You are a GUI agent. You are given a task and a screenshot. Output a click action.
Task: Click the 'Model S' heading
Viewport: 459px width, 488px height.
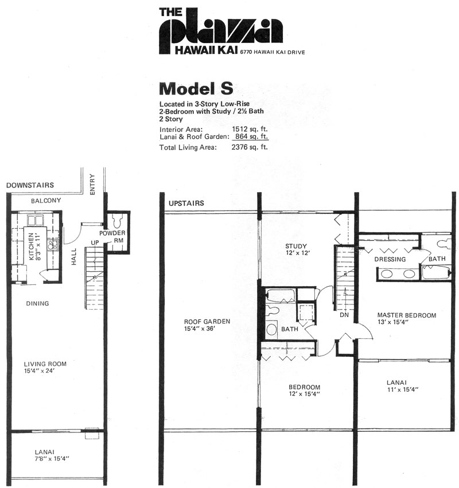coord(196,89)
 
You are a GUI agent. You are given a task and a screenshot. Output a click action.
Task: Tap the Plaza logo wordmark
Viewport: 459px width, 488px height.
coord(221,32)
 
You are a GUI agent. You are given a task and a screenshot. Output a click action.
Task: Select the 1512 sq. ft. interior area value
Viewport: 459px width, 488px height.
coord(250,129)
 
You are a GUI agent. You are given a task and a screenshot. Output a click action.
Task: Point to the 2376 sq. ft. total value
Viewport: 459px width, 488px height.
coord(250,147)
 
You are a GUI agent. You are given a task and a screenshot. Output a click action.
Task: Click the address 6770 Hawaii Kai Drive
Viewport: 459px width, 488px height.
coord(272,52)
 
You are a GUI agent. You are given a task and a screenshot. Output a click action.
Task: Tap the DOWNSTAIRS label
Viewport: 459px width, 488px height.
coord(30,185)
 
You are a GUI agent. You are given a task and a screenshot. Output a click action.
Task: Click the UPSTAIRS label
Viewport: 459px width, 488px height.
coord(186,203)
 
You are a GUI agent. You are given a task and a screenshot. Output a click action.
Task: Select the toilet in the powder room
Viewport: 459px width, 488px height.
coord(118,220)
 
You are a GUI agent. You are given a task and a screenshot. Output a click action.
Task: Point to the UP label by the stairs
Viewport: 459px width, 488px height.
coord(95,243)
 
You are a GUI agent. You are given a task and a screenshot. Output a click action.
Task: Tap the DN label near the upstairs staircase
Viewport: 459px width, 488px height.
coord(344,315)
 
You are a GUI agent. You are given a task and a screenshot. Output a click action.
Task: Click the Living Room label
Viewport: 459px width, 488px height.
coord(45,364)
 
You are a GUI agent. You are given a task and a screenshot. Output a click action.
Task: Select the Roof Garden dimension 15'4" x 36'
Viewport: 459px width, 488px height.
coord(199,329)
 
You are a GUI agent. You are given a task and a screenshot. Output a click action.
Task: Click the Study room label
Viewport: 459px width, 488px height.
coord(296,246)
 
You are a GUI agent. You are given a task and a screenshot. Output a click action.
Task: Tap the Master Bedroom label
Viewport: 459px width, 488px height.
coord(407,315)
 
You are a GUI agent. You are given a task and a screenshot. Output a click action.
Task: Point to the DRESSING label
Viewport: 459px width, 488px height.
coord(390,259)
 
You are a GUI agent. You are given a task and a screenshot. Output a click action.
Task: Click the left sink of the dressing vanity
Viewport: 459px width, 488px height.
coord(387,274)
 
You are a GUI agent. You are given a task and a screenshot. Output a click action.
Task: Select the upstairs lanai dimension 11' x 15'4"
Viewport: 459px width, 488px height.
coord(403,389)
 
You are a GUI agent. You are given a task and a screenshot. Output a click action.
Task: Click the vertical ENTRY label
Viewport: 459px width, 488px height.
coord(92,184)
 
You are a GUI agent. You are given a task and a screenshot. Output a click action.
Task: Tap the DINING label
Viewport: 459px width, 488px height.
coord(37,303)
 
